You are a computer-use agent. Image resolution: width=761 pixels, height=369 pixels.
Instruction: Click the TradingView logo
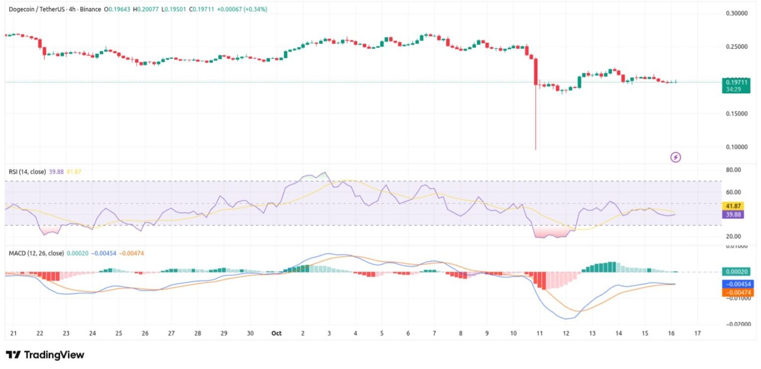(45, 355)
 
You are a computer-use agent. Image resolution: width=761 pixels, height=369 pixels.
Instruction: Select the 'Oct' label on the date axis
(276, 333)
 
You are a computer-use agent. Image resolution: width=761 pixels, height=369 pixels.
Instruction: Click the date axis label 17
(698, 333)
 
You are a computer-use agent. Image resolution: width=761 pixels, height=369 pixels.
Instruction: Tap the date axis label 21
(13, 333)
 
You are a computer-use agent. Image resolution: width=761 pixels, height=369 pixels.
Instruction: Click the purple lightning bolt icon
(676, 158)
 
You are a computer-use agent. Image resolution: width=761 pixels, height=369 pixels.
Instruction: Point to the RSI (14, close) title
(27, 172)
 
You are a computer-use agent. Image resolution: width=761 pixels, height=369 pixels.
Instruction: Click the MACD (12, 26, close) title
(36, 253)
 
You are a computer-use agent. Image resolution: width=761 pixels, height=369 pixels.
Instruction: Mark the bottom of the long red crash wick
(536, 149)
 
